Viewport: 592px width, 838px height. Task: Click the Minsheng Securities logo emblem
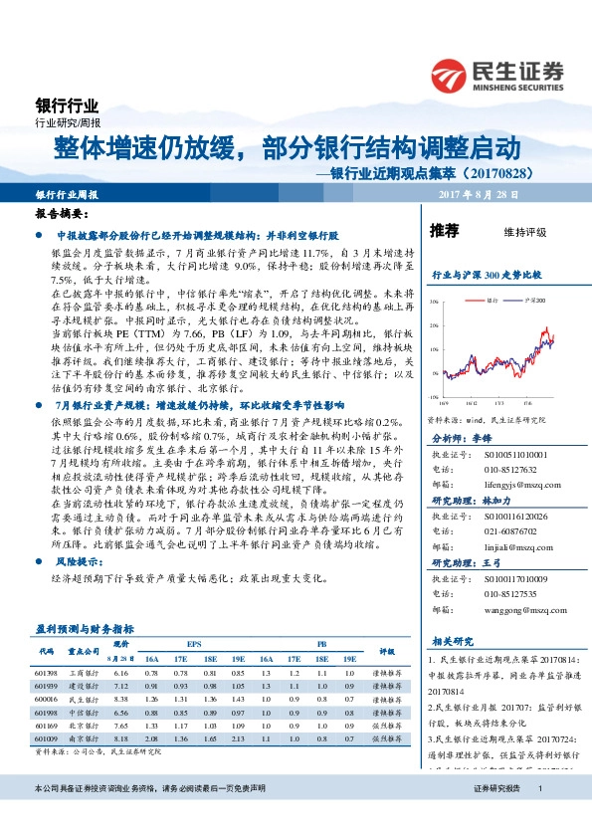point(450,76)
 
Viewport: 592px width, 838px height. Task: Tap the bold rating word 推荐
point(444,231)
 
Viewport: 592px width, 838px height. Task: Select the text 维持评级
point(525,232)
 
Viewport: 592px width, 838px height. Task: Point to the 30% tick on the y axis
point(433,299)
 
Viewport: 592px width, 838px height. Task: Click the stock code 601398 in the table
point(46,673)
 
